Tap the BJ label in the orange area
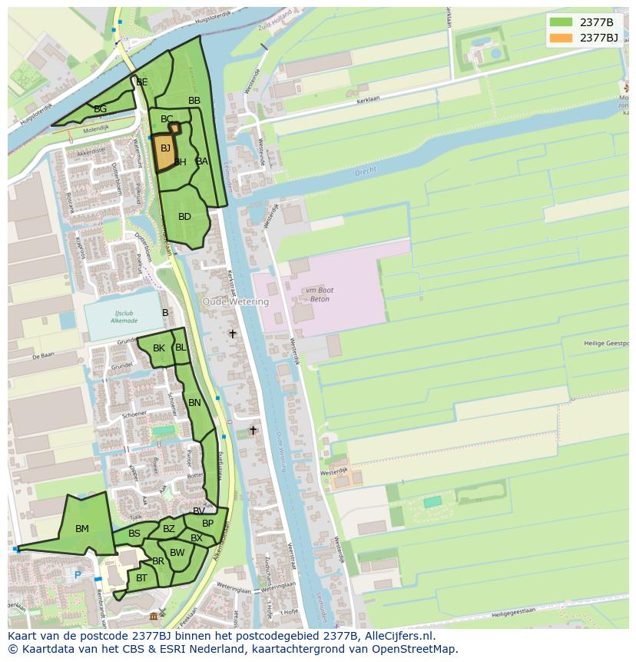click(x=165, y=148)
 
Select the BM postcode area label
click(x=82, y=529)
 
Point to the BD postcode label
click(x=184, y=217)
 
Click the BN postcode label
click(x=194, y=403)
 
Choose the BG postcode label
click(x=100, y=109)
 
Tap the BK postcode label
click(x=159, y=348)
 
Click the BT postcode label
click(x=141, y=578)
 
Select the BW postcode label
click(x=177, y=553)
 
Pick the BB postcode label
click(x=194, y=101)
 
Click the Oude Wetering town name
click(x=236, y=302)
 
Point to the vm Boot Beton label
click(x=317, y=294)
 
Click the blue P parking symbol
click(x=77, y=575)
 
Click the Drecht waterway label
click(x=366, y=173)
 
